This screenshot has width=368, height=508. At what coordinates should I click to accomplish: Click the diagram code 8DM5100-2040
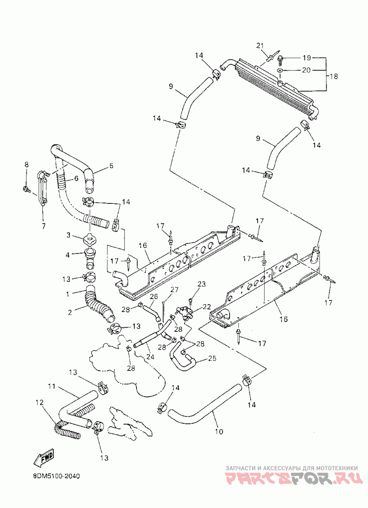coord(57,476)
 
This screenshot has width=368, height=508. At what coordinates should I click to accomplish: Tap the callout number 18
coord(333,76)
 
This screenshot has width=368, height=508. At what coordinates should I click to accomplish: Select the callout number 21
coord(260,46)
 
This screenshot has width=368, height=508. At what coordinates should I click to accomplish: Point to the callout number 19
coord(306,58)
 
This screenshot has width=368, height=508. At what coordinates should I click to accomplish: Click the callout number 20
coord(306,70)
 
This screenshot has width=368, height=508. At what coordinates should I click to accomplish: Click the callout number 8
coord(26,165)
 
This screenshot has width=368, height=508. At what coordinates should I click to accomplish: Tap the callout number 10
coord(219,431)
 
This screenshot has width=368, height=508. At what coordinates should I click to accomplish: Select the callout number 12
coord(40,403)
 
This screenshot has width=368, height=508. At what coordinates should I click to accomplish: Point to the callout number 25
coord(212,358)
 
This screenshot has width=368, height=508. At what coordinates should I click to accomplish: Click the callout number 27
coord(175,289)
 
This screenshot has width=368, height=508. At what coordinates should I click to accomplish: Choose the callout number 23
coord(201,284)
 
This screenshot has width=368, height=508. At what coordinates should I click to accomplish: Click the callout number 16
coord(143,246)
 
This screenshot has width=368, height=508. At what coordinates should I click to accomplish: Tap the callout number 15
coord(283,319)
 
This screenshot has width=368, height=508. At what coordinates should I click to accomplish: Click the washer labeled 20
coord(280,70)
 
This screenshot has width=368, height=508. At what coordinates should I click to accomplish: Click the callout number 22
coord(207,306)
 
